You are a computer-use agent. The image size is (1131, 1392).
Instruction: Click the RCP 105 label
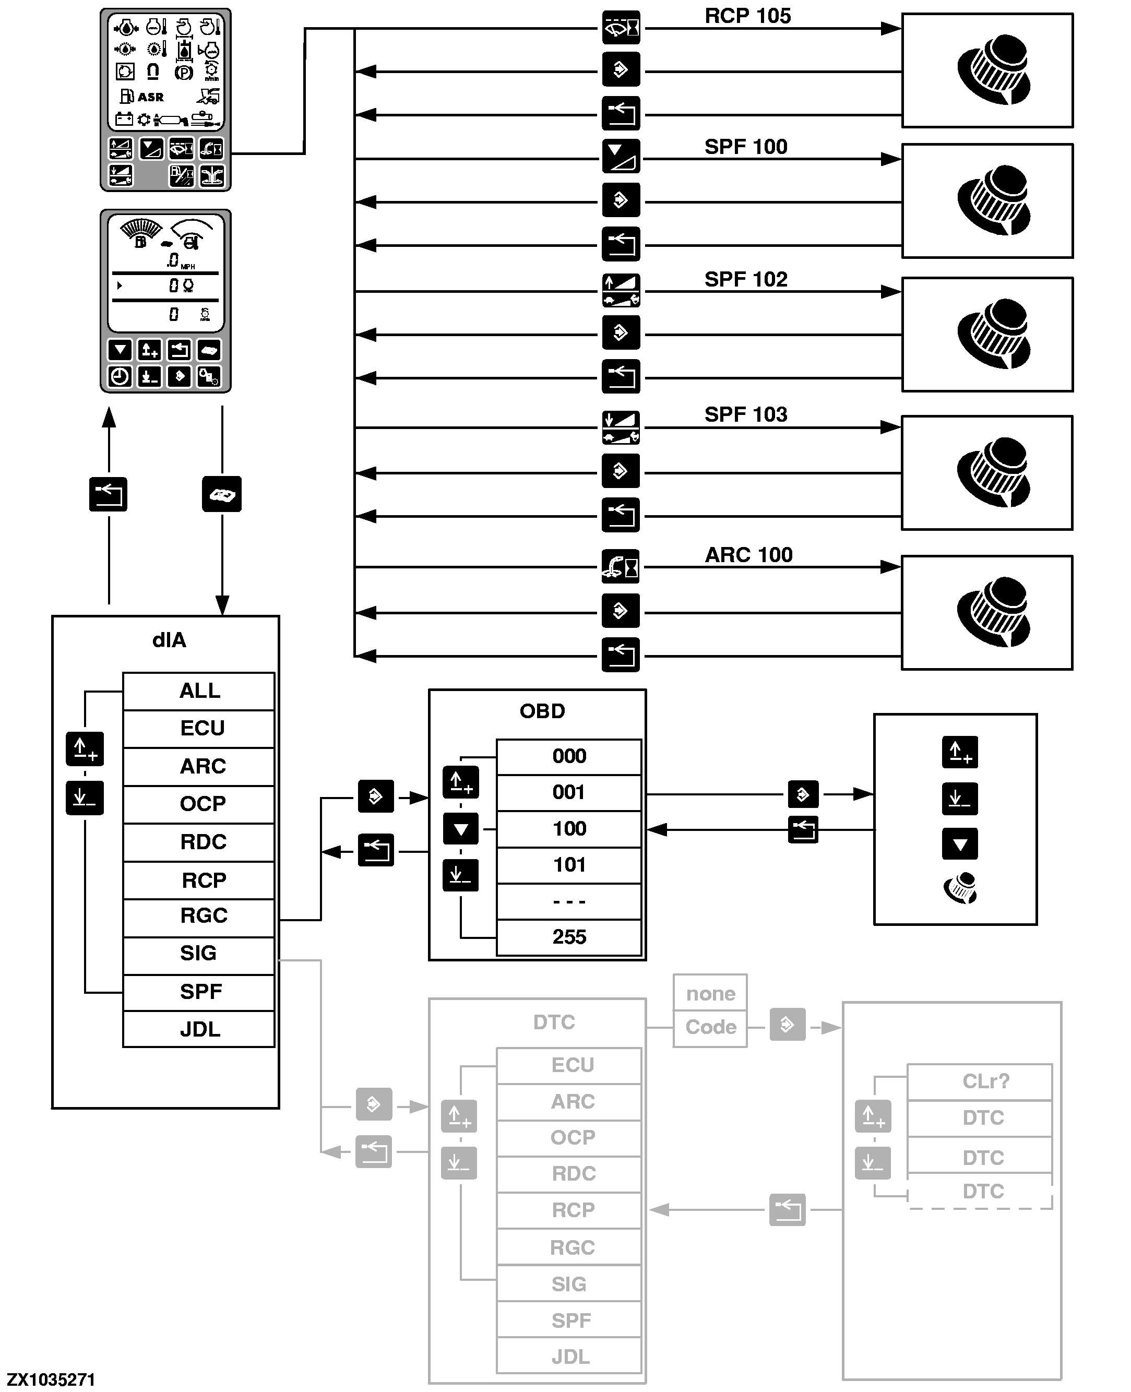point(747,16)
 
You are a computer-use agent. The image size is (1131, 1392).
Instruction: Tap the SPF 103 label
point(745,414)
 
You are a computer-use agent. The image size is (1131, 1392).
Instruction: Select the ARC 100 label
point(748,555)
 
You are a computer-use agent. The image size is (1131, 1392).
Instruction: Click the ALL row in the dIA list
point(199,691)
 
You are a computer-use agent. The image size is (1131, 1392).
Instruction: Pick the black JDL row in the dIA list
point(199,1029)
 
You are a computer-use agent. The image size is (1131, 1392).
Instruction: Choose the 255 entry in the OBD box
point(569,937)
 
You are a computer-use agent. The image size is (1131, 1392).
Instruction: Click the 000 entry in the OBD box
point(569,756)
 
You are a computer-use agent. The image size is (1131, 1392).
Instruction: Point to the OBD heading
point(542,711)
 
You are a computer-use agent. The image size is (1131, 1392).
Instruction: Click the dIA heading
point(169,640)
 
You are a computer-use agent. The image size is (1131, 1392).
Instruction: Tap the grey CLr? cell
point(985,1081)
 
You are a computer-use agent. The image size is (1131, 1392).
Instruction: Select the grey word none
point(710,993)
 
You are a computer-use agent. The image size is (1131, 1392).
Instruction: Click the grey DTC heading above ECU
point(554,1022)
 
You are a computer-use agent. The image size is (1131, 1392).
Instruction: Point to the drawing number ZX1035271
point(51,1379)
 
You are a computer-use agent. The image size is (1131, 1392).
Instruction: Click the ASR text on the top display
point(150,97)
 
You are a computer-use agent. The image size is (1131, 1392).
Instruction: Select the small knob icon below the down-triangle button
point(960,888)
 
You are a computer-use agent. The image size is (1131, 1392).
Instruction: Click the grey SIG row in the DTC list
point(569,1284)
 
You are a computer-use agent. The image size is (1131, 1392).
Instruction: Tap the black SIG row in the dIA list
point(198,953)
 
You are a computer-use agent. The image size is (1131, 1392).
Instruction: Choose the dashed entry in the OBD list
point(569,901)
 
